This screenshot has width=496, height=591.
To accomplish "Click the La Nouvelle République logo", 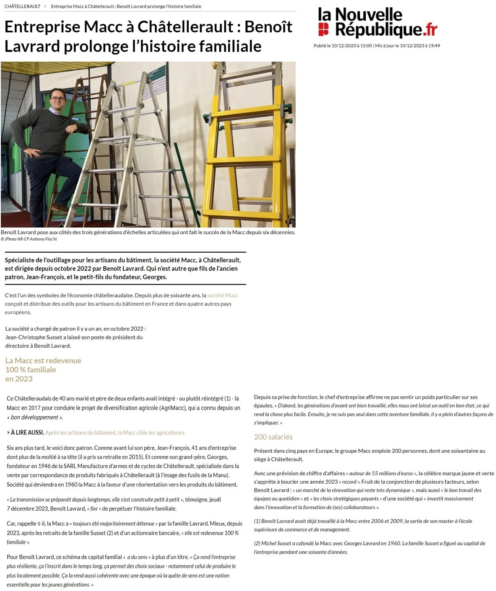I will (x=377, y=23).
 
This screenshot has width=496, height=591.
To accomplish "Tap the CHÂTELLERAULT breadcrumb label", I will (x=22, y=6).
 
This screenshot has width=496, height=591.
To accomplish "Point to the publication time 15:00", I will (x=366, y=46).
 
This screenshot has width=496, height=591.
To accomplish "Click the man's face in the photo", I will (x=58, y=99).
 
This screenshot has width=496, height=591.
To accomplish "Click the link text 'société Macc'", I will (x=223, y=295).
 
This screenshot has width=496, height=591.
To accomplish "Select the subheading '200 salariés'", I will (x=273, y=437).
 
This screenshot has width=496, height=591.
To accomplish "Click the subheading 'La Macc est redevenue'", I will (x=43, y=360).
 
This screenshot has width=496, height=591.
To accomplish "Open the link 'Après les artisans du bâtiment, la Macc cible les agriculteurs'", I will (x=114, y=433).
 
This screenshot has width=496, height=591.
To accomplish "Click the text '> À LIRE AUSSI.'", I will (x=25, y=433).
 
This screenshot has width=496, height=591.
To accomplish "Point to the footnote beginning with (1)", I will (x=363, y=525).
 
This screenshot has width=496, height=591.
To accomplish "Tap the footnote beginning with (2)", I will (x=369, y=547).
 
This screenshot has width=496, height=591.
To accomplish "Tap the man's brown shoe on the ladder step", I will (x=60, y=208).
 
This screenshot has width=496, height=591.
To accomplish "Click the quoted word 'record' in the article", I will (x=349, y=482).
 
